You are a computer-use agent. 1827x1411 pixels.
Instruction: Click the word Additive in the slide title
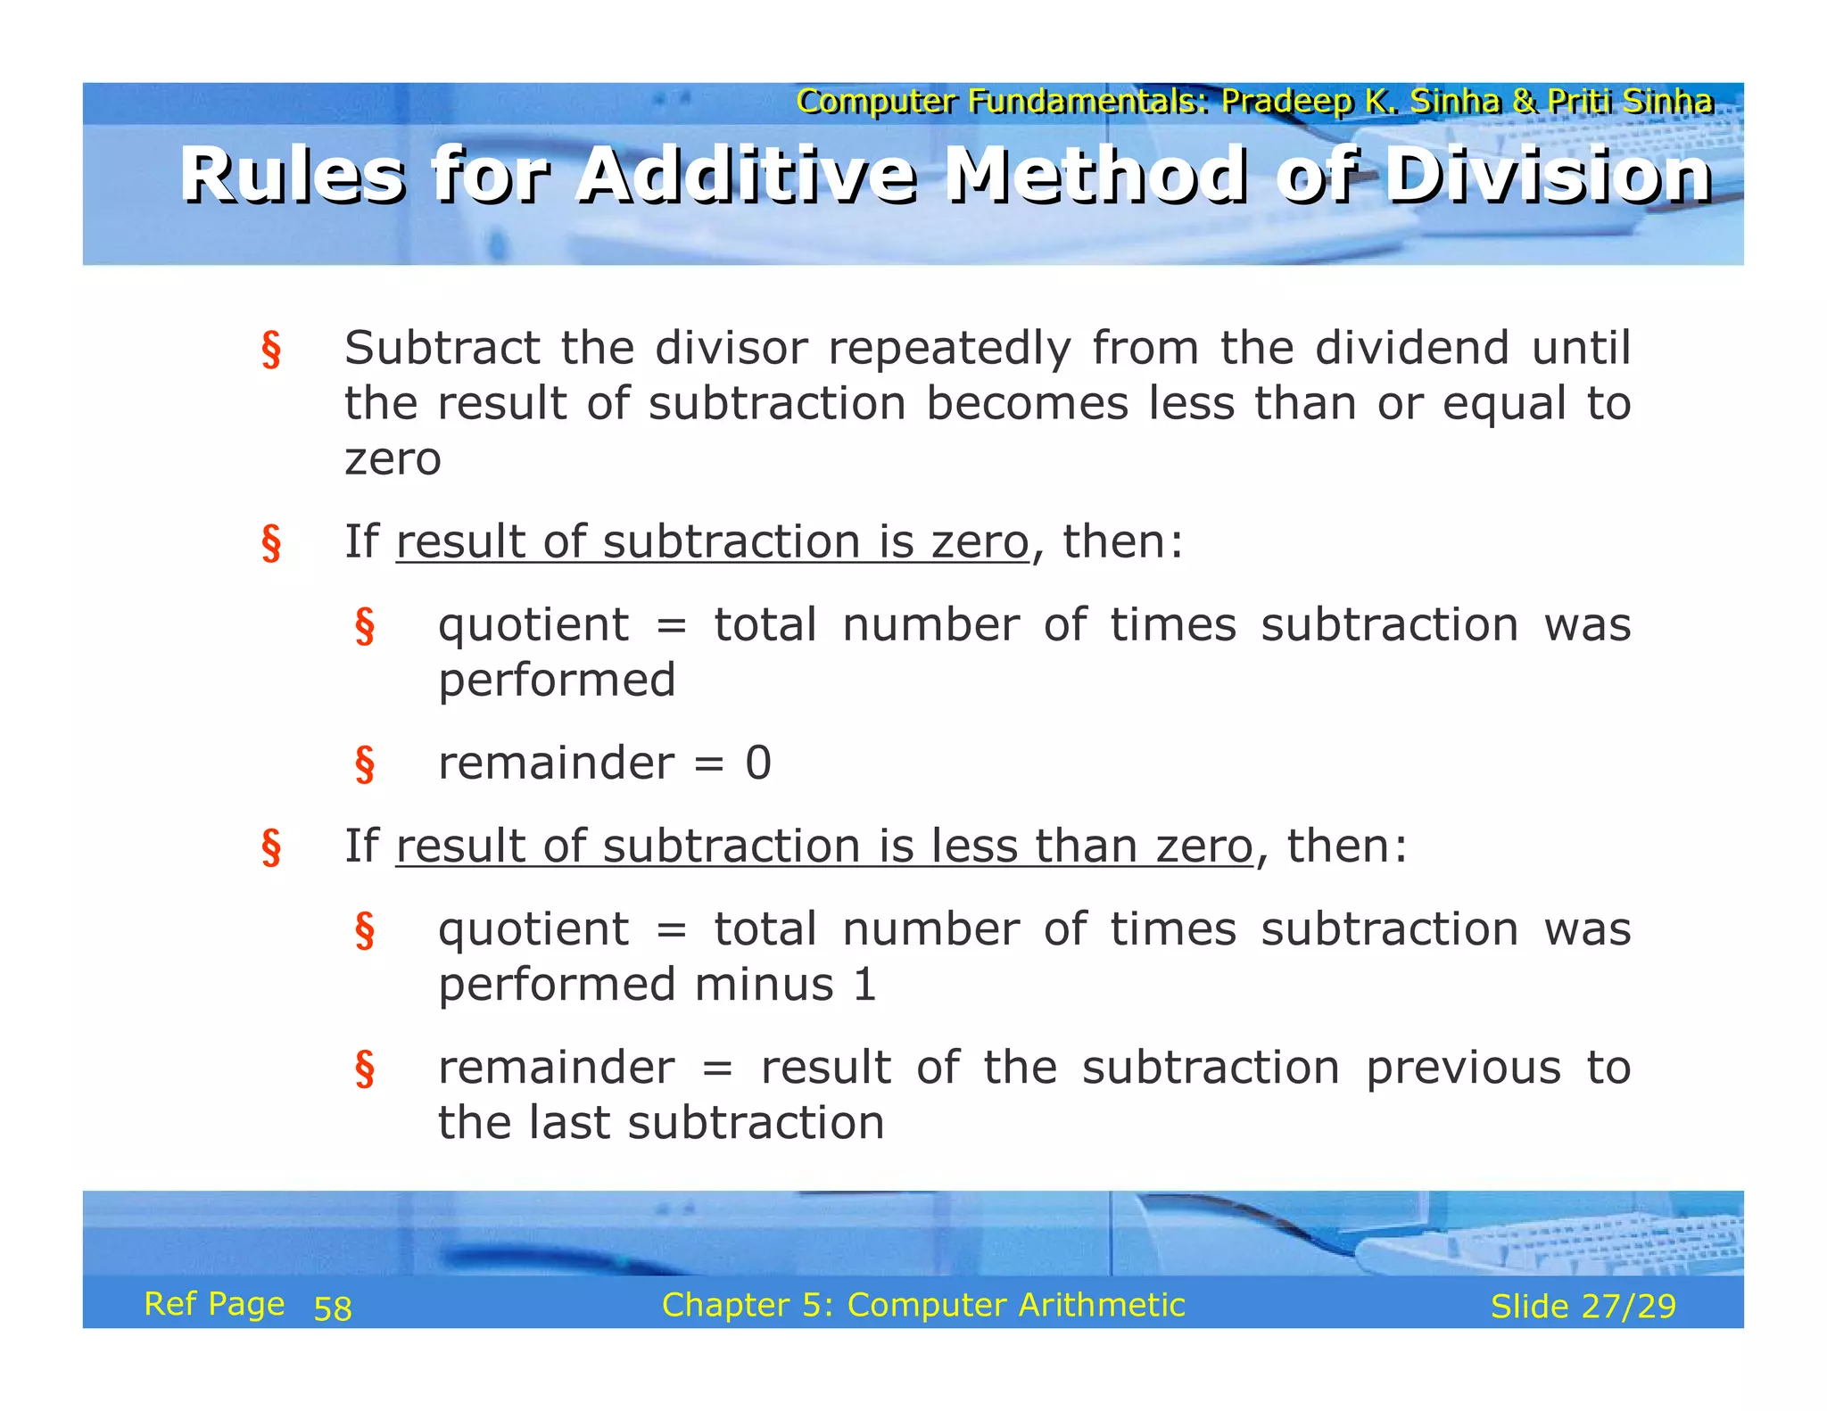tap(746, 175)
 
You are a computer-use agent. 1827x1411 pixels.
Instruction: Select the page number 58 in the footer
tap(333, 1308)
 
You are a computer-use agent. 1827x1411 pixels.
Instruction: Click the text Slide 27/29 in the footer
tap(1583, 1307)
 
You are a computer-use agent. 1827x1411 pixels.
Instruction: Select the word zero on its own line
tap(393, 458)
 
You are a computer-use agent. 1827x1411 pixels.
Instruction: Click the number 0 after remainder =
tap(758, 763)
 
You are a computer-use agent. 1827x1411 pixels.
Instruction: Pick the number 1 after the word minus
tap(864, 985)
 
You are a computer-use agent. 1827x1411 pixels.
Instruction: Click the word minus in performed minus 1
tap(764, 985)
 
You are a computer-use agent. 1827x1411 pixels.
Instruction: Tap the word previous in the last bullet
tap(1463, 1068)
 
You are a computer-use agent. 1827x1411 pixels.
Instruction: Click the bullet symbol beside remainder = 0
tap(364, 764)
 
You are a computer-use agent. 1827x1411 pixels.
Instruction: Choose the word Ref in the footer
tap(169, 1304)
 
